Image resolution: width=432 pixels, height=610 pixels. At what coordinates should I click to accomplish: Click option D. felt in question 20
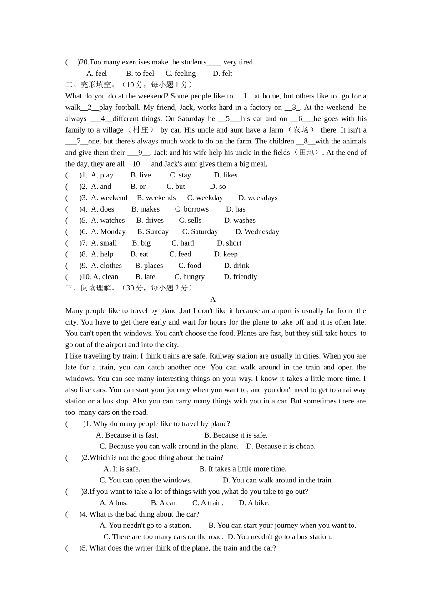pyautogui.click(x=222, y=74)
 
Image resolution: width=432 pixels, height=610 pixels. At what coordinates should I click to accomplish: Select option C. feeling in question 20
pyautogui.click(x=181, y=74)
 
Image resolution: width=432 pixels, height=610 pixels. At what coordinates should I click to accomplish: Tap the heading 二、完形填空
pyautogui.click(x=89, y=85)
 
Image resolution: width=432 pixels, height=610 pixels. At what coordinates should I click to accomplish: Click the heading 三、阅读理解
pyautogui.click(x=89, y=288)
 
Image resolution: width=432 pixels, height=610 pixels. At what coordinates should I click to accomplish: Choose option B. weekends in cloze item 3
pyautogui.click(x=156, y=198)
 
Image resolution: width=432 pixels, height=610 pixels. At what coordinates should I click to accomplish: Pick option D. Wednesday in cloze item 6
pyautogui.click(x=257, y=232)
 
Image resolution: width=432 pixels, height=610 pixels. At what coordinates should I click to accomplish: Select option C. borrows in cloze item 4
pyautogui.click(x=191, y=209)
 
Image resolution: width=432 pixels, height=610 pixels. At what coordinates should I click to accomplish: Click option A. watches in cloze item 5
pyautogui.click(x=108, y=221)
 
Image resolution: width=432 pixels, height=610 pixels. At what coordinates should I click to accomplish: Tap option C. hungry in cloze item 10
pyautogui.click(x=189, y=277)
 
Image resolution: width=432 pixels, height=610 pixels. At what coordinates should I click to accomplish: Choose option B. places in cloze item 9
pyautogui.click(x=149, y=266)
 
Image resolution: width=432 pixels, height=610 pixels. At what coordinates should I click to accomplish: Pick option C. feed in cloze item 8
pyautogui.click(x=180, y=254)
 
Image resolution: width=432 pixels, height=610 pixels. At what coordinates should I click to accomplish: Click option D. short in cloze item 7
pyautogui.click(x=229, y=243)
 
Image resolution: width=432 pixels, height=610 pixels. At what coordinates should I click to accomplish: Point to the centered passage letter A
pyautogui.click(x=213, y=300)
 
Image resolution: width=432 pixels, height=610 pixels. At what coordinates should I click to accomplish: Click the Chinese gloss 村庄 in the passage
pyautogui.click(x=141, y=130)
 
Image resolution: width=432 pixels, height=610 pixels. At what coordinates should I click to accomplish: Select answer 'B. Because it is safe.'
pyautogui.click(x=236, y=435)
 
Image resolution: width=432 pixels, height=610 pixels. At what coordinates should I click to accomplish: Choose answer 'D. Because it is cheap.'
pyautogui.click(x=281, y=447)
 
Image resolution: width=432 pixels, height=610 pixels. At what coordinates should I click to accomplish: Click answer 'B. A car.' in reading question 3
pyautogui.click(x=164, y=503)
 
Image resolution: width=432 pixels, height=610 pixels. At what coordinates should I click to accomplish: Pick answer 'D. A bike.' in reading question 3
pyautogui.click(x=254, y=503)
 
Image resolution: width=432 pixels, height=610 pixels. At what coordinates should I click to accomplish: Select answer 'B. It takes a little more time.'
pyautogui.click(x=243, y=469)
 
